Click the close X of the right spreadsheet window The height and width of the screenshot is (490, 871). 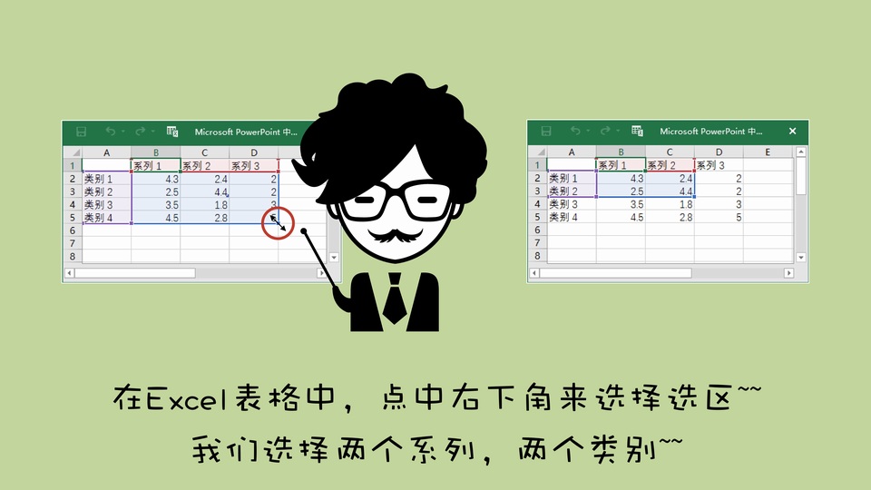pyautogui.click(x=793, y=131)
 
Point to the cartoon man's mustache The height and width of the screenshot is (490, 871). pyautogui.click(x=395, y=235)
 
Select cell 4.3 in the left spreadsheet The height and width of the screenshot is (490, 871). pyautogui.click(x=156, y=179)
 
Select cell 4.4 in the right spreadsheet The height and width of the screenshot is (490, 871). pyautogui.click(x=670, y=191)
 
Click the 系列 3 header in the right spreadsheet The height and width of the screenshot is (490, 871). pyautogui.click(x=711, y=165)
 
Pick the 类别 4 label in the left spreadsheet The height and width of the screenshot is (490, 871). pyautogui.click(x=98, y=218)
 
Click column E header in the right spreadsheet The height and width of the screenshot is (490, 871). pyautogui.click(x=768, y=152)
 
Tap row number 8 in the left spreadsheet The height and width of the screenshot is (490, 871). pyautogui.click(x=73, y=256)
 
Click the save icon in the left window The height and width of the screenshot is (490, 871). pyautogui.click(x=81, y=132)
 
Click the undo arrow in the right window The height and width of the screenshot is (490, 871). pyautogui.click(x=575, y=131)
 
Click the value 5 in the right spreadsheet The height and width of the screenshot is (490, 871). pyautogui.click(x=739, y=217)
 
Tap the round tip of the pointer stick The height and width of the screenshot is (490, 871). pyautogui.click(x=305, y=231)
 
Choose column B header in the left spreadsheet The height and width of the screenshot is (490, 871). pyautogui.click(x=156, y=152)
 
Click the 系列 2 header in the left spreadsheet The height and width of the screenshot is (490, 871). pyautogui.click(x=197, y=165)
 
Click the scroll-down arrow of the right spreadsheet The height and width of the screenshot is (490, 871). pyautogui.click(x=801, y=257)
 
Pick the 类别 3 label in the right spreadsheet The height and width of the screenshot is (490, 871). pyautogui.click(x=563, y=204)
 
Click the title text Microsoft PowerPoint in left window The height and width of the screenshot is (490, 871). pyautogui.click(x=237, y=132)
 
